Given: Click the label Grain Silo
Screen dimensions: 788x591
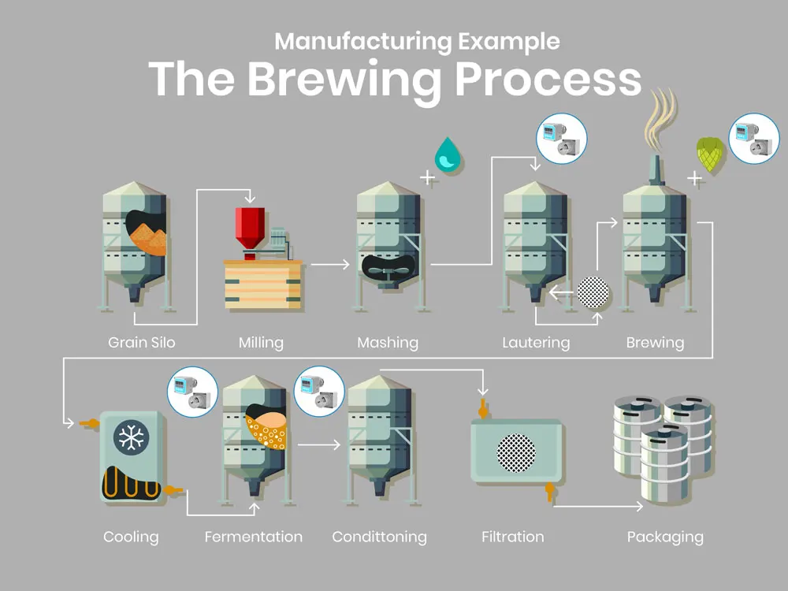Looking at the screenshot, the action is click(142, 343).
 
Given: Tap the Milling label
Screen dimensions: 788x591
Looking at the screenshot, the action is click(261, 343).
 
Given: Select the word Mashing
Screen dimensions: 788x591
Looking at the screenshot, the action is click(387, 343).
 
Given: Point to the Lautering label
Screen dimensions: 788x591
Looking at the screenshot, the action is click(536, 343).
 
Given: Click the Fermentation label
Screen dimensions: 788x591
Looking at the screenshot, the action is click(253, 537).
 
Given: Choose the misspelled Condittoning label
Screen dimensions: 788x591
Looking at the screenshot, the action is click(379, 537).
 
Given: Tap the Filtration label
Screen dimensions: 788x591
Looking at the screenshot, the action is click(512, 537).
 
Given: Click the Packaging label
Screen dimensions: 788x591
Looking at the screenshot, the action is click(665, 537).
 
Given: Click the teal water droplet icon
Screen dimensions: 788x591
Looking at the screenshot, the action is click(448, 154).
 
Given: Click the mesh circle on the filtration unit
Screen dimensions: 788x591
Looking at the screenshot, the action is click(516, 452).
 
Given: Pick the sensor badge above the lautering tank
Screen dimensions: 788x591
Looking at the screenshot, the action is click(561, 139).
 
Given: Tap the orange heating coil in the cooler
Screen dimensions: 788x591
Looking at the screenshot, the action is click(130, 481).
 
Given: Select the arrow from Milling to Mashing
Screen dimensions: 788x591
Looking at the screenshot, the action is click(329, 265).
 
